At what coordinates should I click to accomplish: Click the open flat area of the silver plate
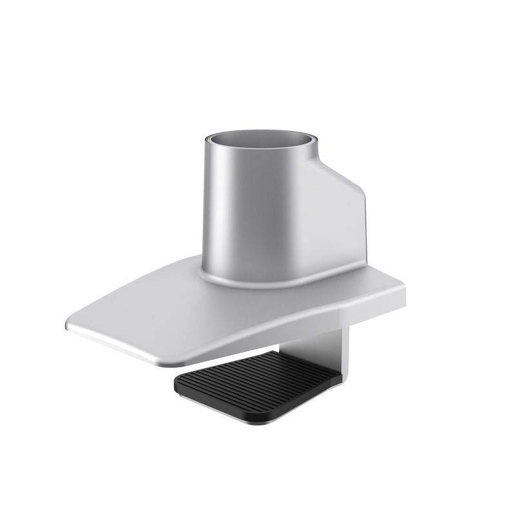161,316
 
